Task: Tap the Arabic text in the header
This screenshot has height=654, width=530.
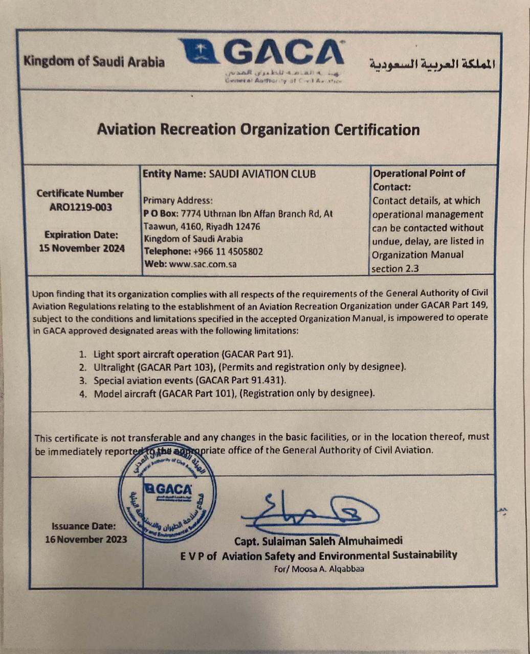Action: [x=432, y=63]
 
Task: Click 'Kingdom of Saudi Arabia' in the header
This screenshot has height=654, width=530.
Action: [x=94, y=62]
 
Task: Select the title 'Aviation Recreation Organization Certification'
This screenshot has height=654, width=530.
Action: [x=258, y=129]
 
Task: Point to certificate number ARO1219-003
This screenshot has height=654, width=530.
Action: [x=81, y=207]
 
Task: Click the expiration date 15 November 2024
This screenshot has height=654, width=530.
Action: [x=81, y=248]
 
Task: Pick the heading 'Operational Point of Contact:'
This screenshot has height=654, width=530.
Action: [x=419, y=180]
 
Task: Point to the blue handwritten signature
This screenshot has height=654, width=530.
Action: [x=310, y=511]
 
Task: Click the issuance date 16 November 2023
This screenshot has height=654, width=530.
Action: [x=86, y=539]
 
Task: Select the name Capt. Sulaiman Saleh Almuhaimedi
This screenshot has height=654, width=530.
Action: [x=319, y=541]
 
